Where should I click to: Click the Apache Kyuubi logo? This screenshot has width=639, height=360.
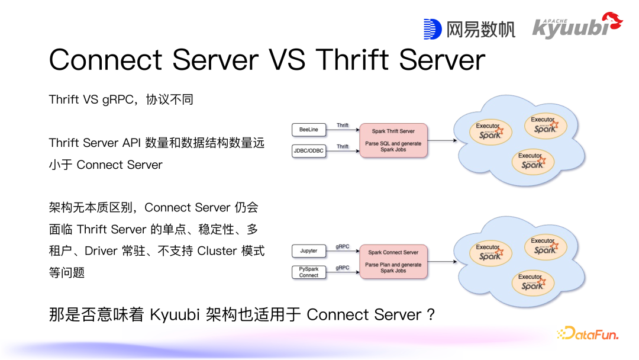(577, 26)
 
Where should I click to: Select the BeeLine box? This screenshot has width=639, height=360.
(309, 129)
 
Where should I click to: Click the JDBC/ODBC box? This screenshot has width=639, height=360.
(309, 150)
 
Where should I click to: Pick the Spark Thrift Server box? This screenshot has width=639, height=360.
(393, 140)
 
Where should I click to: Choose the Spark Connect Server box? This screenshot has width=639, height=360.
(393, 262)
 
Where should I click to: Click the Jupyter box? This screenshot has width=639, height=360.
(309, 251)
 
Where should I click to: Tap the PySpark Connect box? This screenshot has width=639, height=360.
(309, 272)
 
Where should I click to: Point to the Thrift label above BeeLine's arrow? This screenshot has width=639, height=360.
(343, 126)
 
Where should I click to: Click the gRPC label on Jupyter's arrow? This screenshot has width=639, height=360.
(343, 247)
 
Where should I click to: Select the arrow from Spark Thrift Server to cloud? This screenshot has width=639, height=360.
(442, 140)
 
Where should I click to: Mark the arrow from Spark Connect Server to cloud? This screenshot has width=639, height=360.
(442, 262)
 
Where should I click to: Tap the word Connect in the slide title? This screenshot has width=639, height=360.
(105, 60)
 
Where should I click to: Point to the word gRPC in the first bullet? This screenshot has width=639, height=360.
(117, 99)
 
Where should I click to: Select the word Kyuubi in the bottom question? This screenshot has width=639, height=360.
(175, 314)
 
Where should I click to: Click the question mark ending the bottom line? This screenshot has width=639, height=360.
(431, 314)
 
